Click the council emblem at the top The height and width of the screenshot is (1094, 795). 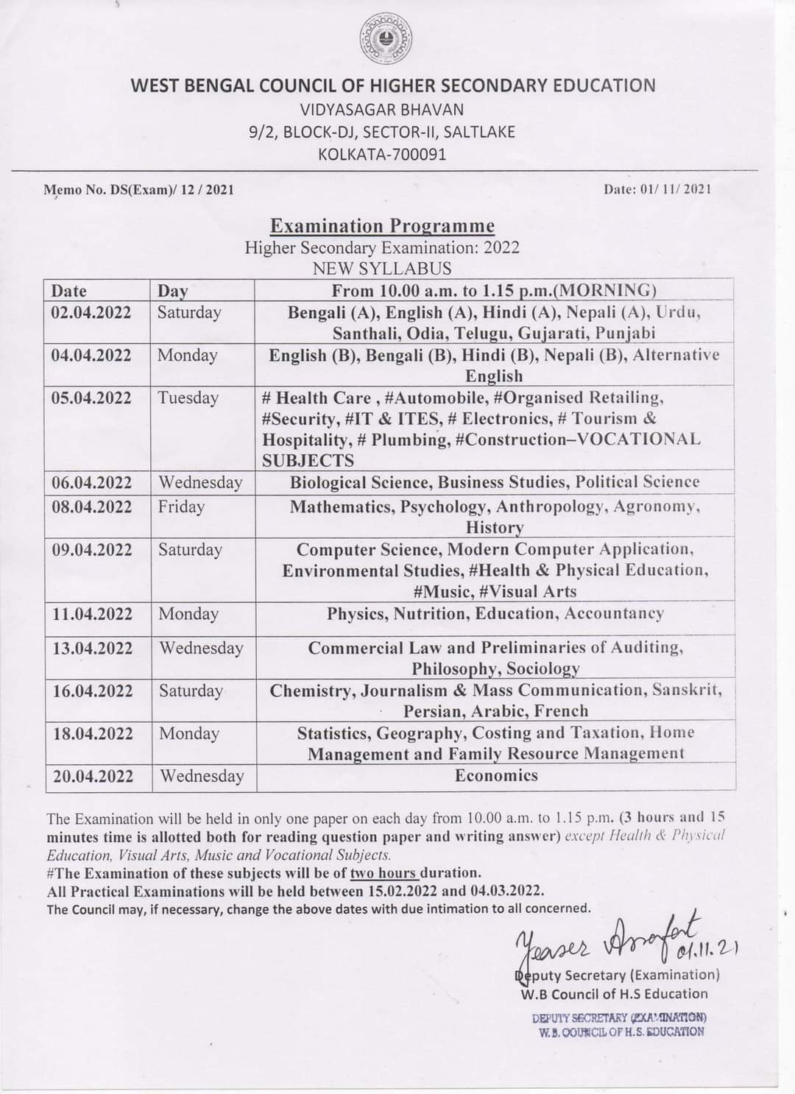tap(386, 38)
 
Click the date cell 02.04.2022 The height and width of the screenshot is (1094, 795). tap(91, 312)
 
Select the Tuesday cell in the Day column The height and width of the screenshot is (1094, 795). tap(188, 398)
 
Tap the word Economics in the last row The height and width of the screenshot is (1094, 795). tap(496, 775)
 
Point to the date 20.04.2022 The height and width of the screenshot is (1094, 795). tap(91, 776)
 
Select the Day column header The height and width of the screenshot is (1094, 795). tap(173, 291)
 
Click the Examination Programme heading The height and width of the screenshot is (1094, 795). tap(382, 225)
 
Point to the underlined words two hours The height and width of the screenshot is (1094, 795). tap(384, 873)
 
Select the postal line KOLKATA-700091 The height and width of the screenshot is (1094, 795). tap(382, 155)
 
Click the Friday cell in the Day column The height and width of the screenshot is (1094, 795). tap(181, 507)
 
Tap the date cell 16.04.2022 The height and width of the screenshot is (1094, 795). tap(91, 691)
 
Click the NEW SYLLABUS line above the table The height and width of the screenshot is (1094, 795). tap(382, 268)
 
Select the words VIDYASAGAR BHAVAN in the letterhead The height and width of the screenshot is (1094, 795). tap(382, 110)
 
